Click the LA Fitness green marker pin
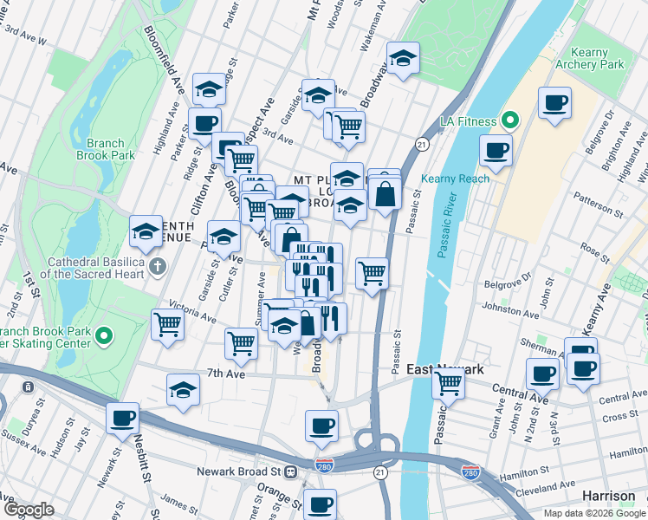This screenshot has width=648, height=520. click(x=510, y=120)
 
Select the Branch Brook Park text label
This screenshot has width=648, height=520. click(x=111, y=149)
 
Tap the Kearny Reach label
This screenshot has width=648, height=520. click(x=455, y=179)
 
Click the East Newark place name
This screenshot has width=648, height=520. click(x=445, y=370)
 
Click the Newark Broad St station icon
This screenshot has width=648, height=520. click(x=292, y=472)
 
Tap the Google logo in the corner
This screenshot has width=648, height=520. click(x=29, y=510)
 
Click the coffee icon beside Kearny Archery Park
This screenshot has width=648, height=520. click(x=554, y=103)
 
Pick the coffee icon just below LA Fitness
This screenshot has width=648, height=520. click(x=496, y=151)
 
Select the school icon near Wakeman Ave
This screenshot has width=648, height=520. click(x=403, y=58)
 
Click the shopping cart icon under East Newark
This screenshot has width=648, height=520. click(x=449, y=381)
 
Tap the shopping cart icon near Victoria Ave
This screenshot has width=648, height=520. click(x=167, y=324)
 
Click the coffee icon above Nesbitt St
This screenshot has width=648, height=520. click(x=122, y=419)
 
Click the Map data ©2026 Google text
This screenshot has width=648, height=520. click(x=593, y=513)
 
